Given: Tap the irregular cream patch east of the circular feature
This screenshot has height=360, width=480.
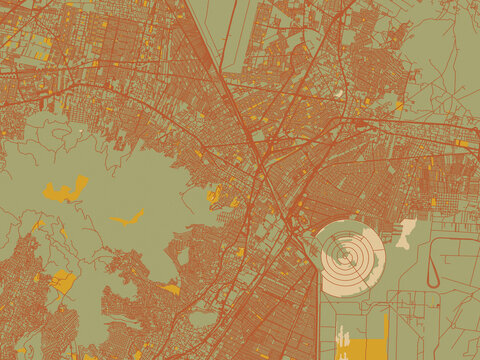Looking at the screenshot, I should (x=406, y=233).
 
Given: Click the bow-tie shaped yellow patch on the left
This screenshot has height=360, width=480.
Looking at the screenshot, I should (x=65, y=188).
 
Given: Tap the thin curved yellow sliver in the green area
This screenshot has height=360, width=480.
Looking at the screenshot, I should (x=127, y=217).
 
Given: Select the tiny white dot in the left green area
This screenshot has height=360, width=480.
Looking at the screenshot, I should (x=80, y=130).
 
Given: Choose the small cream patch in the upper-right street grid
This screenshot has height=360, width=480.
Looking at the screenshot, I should (x=338, y=94).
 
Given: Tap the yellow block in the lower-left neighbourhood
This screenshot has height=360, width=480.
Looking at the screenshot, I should (x=62, y=282).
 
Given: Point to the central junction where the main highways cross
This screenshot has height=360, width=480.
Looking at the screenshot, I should (x=263, y=159).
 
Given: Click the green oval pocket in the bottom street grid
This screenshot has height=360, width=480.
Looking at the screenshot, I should (x=203, y=318).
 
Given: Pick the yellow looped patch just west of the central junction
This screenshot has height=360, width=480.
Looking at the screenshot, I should (x=213, y=195).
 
